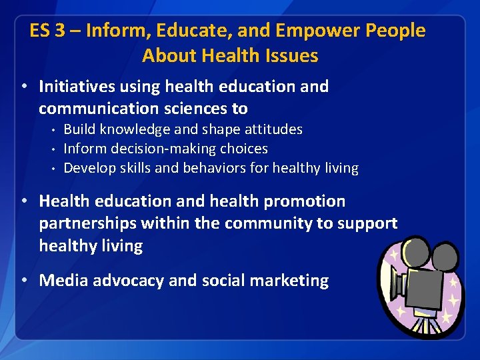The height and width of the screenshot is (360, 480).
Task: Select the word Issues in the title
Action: point(291,56)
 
